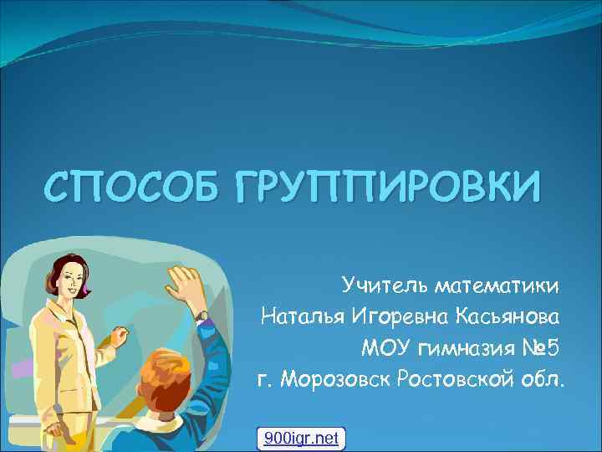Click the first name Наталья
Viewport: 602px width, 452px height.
click(303, 317)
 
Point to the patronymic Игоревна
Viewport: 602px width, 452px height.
click(401, 317)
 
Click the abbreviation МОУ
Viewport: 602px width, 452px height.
click(386, 347)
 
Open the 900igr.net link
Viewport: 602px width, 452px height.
click(301, 437)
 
